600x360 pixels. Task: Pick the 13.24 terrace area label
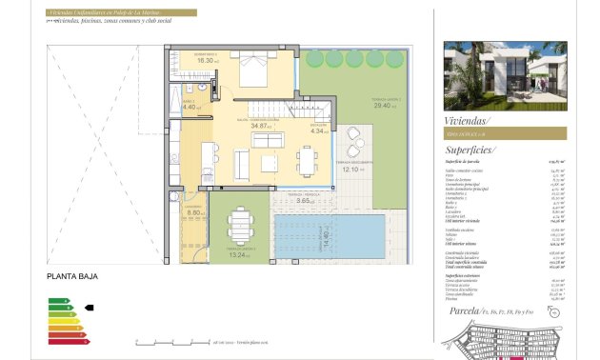pos(238,254)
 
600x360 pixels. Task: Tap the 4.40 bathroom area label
pos(189,107)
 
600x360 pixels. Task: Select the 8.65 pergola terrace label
pos(305,201)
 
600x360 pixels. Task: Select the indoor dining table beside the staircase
pos(305,157)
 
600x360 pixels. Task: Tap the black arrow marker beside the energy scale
pos(90,308)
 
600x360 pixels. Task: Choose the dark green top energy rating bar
pos(56,300)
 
